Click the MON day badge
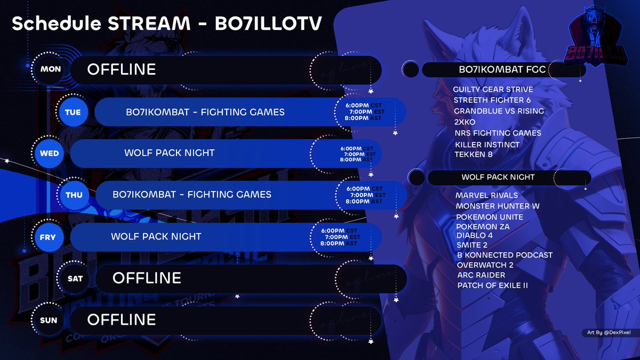[51, 69]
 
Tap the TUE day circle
[73, 113]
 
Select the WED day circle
[50, 154]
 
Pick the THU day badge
[74, 195]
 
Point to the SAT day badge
[75, 278]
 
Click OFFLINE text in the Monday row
[122, 69]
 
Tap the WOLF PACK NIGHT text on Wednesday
[170, 153]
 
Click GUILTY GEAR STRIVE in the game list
[493, 89]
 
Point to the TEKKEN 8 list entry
[477, 155]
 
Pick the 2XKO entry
[465, 122]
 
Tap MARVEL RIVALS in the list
[486, 195]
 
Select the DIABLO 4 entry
[475, 235]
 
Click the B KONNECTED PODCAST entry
[505, 255]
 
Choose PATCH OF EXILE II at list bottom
[492, 285]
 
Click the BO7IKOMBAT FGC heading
[503, 70]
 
